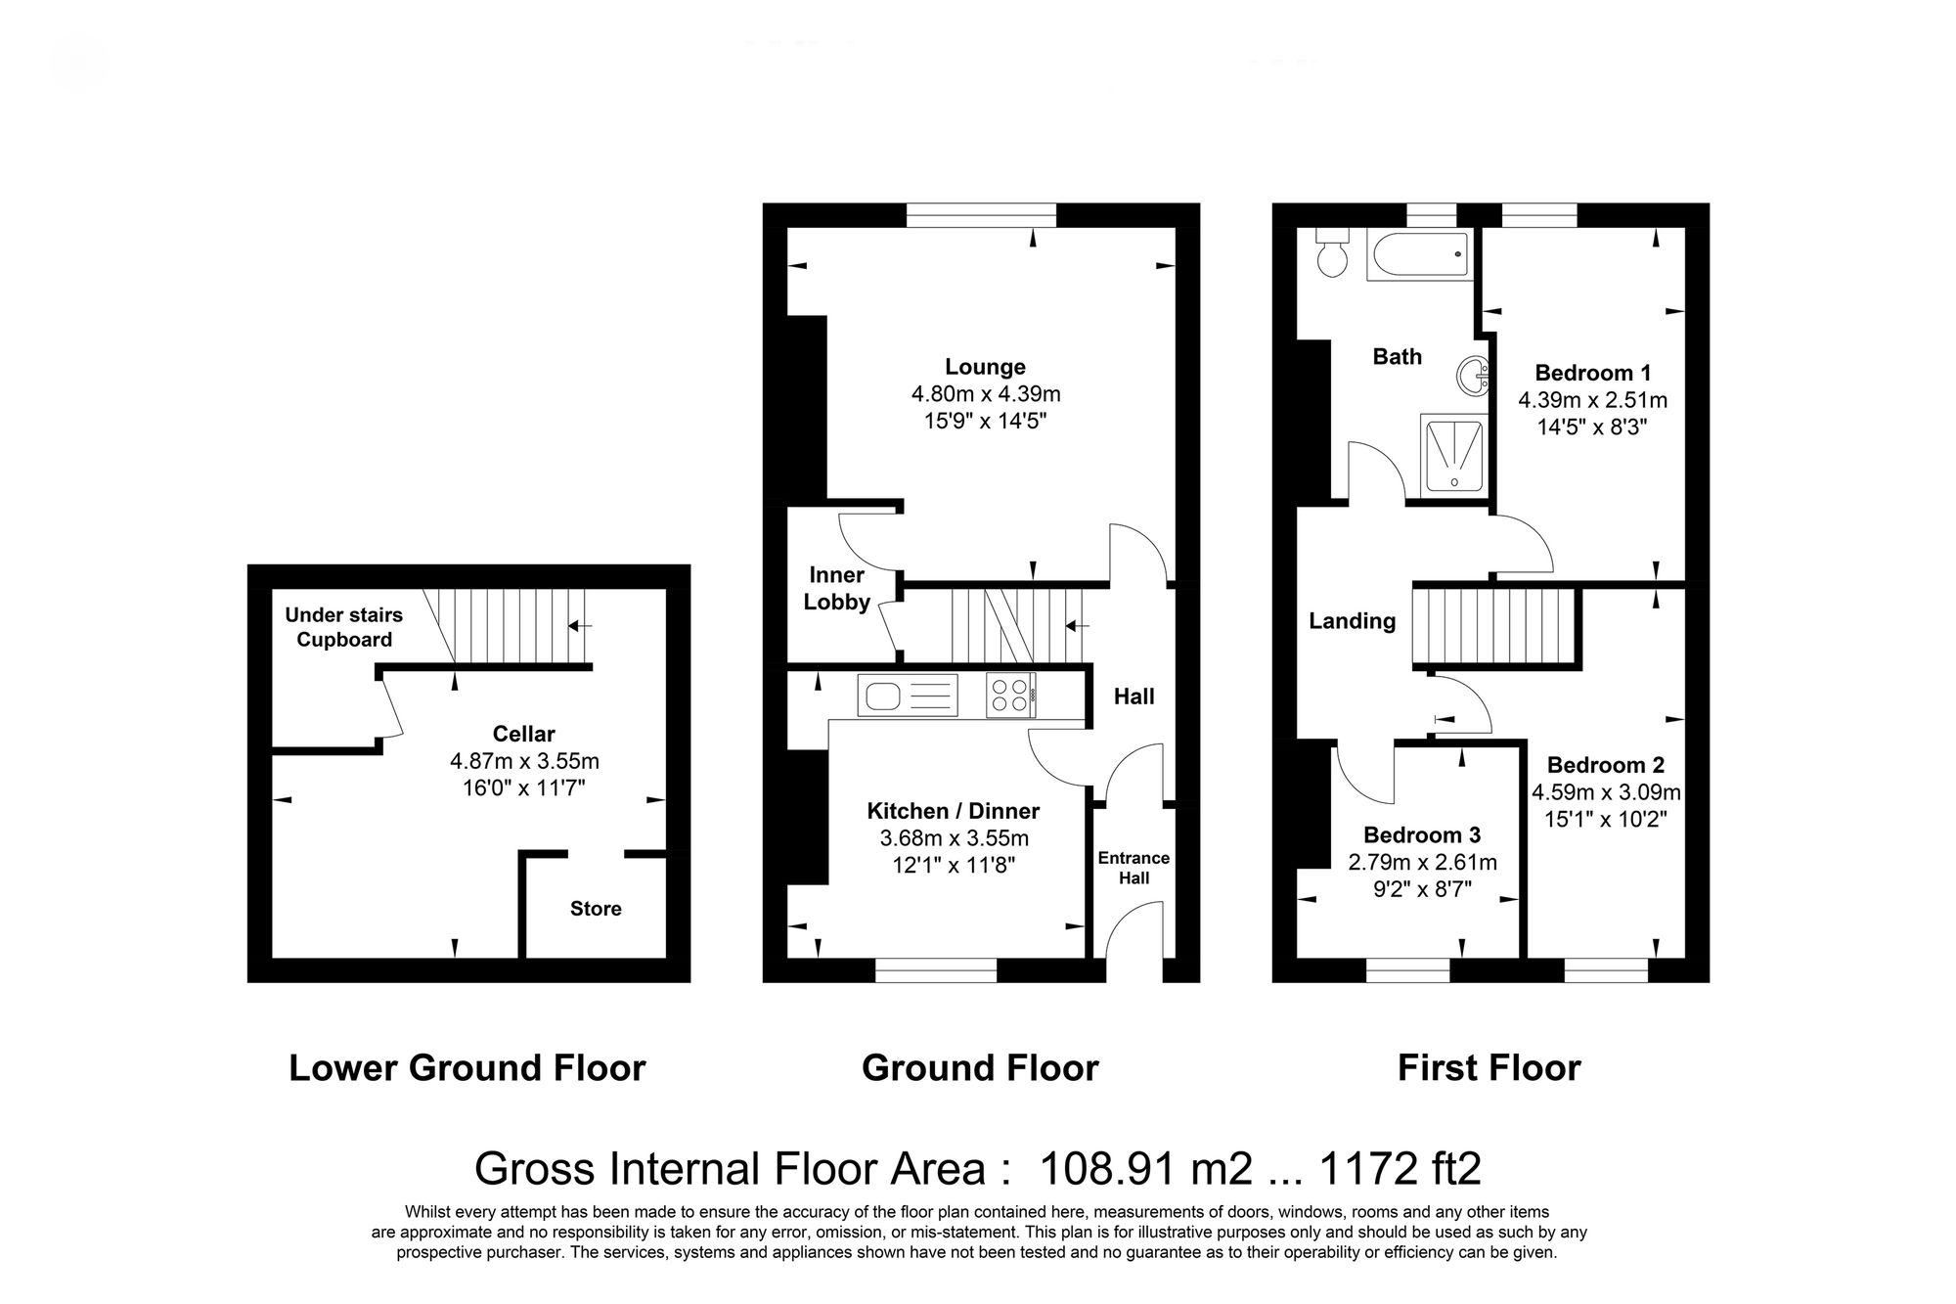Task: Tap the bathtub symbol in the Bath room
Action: pyautogui.click(x=1420, y=255)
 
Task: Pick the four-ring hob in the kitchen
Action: pyautogui.click(x=1010, y=696)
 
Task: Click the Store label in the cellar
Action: pyautogui.click(x=596, y=909)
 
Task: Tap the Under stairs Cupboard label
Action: pyautogui.click(x=343, y=627)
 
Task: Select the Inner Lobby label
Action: pyautogui.click(x=836, y=588)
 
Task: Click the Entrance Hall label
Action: pyautogui.click(x=1134, y=868)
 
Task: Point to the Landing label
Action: pyautogui.click(x=1352, y=621)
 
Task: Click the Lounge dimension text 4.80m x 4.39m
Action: pyautogui.click(x=985, y=394)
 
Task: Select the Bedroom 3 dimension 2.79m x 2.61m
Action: pyautogui.click(x=1422, y=863)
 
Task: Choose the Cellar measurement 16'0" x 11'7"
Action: pyautogui.click(x=523, y=787)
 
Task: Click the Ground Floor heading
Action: pyautogui.click(x=980, y=1068)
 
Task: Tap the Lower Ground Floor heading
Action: pyautogui.click(x=467, y=1068)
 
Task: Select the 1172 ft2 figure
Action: pyautogui.click(x=1400, y=1169)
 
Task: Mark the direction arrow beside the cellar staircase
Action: pyautogui.click(x=581, y=626)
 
